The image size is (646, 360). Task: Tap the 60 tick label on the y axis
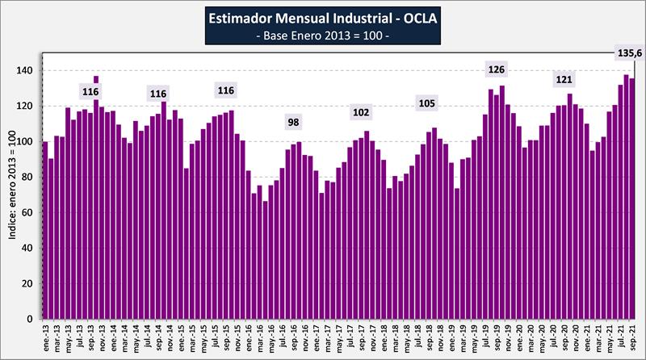[x=29, y=213]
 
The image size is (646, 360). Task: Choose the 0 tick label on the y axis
[x=32, y=320]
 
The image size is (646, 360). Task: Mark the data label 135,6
[x=624, y=53]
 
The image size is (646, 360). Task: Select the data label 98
[x=296, y=123]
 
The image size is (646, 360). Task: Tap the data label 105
[x=427, y=103]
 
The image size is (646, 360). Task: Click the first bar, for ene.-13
[x=45, y=230]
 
